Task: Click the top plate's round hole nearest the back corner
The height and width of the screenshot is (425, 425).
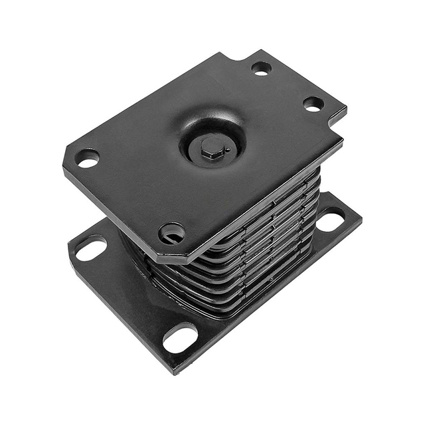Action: [x=261, y=67]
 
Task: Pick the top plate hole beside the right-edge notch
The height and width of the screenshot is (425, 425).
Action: [x=313, y=104]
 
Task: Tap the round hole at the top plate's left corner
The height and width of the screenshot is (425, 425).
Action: [x=87, y=158]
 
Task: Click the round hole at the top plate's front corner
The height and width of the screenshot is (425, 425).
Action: [x=171, y=232]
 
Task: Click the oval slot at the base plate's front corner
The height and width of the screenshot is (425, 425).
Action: [x=180, y=338]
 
